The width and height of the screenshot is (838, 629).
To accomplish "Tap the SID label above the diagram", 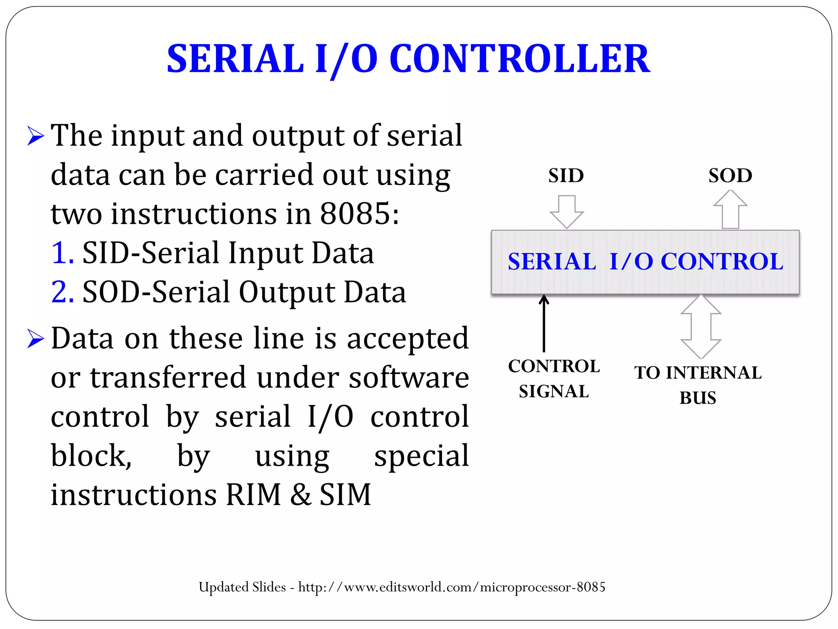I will [566, 176].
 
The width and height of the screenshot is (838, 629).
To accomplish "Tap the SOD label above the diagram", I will [730, 176].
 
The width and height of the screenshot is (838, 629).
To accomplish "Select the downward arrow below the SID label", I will [567, 211].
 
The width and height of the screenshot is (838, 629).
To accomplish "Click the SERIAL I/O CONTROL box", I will [645, 262].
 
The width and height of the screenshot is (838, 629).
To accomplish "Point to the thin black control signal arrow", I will [544, 324].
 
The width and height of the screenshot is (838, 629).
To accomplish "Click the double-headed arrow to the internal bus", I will [701, 327].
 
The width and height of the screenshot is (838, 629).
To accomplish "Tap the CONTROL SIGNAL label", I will [554, 379].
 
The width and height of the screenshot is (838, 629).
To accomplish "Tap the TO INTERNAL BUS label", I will [698, 385].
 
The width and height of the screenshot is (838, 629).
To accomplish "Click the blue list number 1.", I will [62, 253].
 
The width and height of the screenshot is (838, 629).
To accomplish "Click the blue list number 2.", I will [62, 292].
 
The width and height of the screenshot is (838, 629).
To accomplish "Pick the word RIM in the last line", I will [253, 495].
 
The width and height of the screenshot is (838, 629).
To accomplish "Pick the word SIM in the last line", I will [345, 495].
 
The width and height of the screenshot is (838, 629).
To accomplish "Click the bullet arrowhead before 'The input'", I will [36, 136].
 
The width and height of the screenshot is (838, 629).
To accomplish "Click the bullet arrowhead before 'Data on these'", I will [36, 339].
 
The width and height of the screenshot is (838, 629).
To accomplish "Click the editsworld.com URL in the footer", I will [452, 587].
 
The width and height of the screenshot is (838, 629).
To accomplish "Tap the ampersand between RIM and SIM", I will [301, 495].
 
